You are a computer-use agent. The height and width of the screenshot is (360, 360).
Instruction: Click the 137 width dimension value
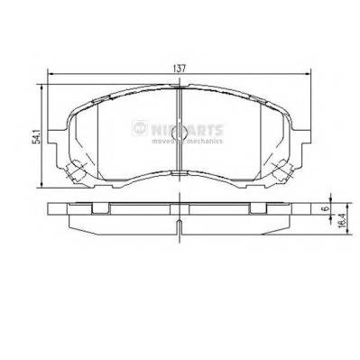point(181,67)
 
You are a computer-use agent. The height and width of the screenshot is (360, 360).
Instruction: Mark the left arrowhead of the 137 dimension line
point(50,74)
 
